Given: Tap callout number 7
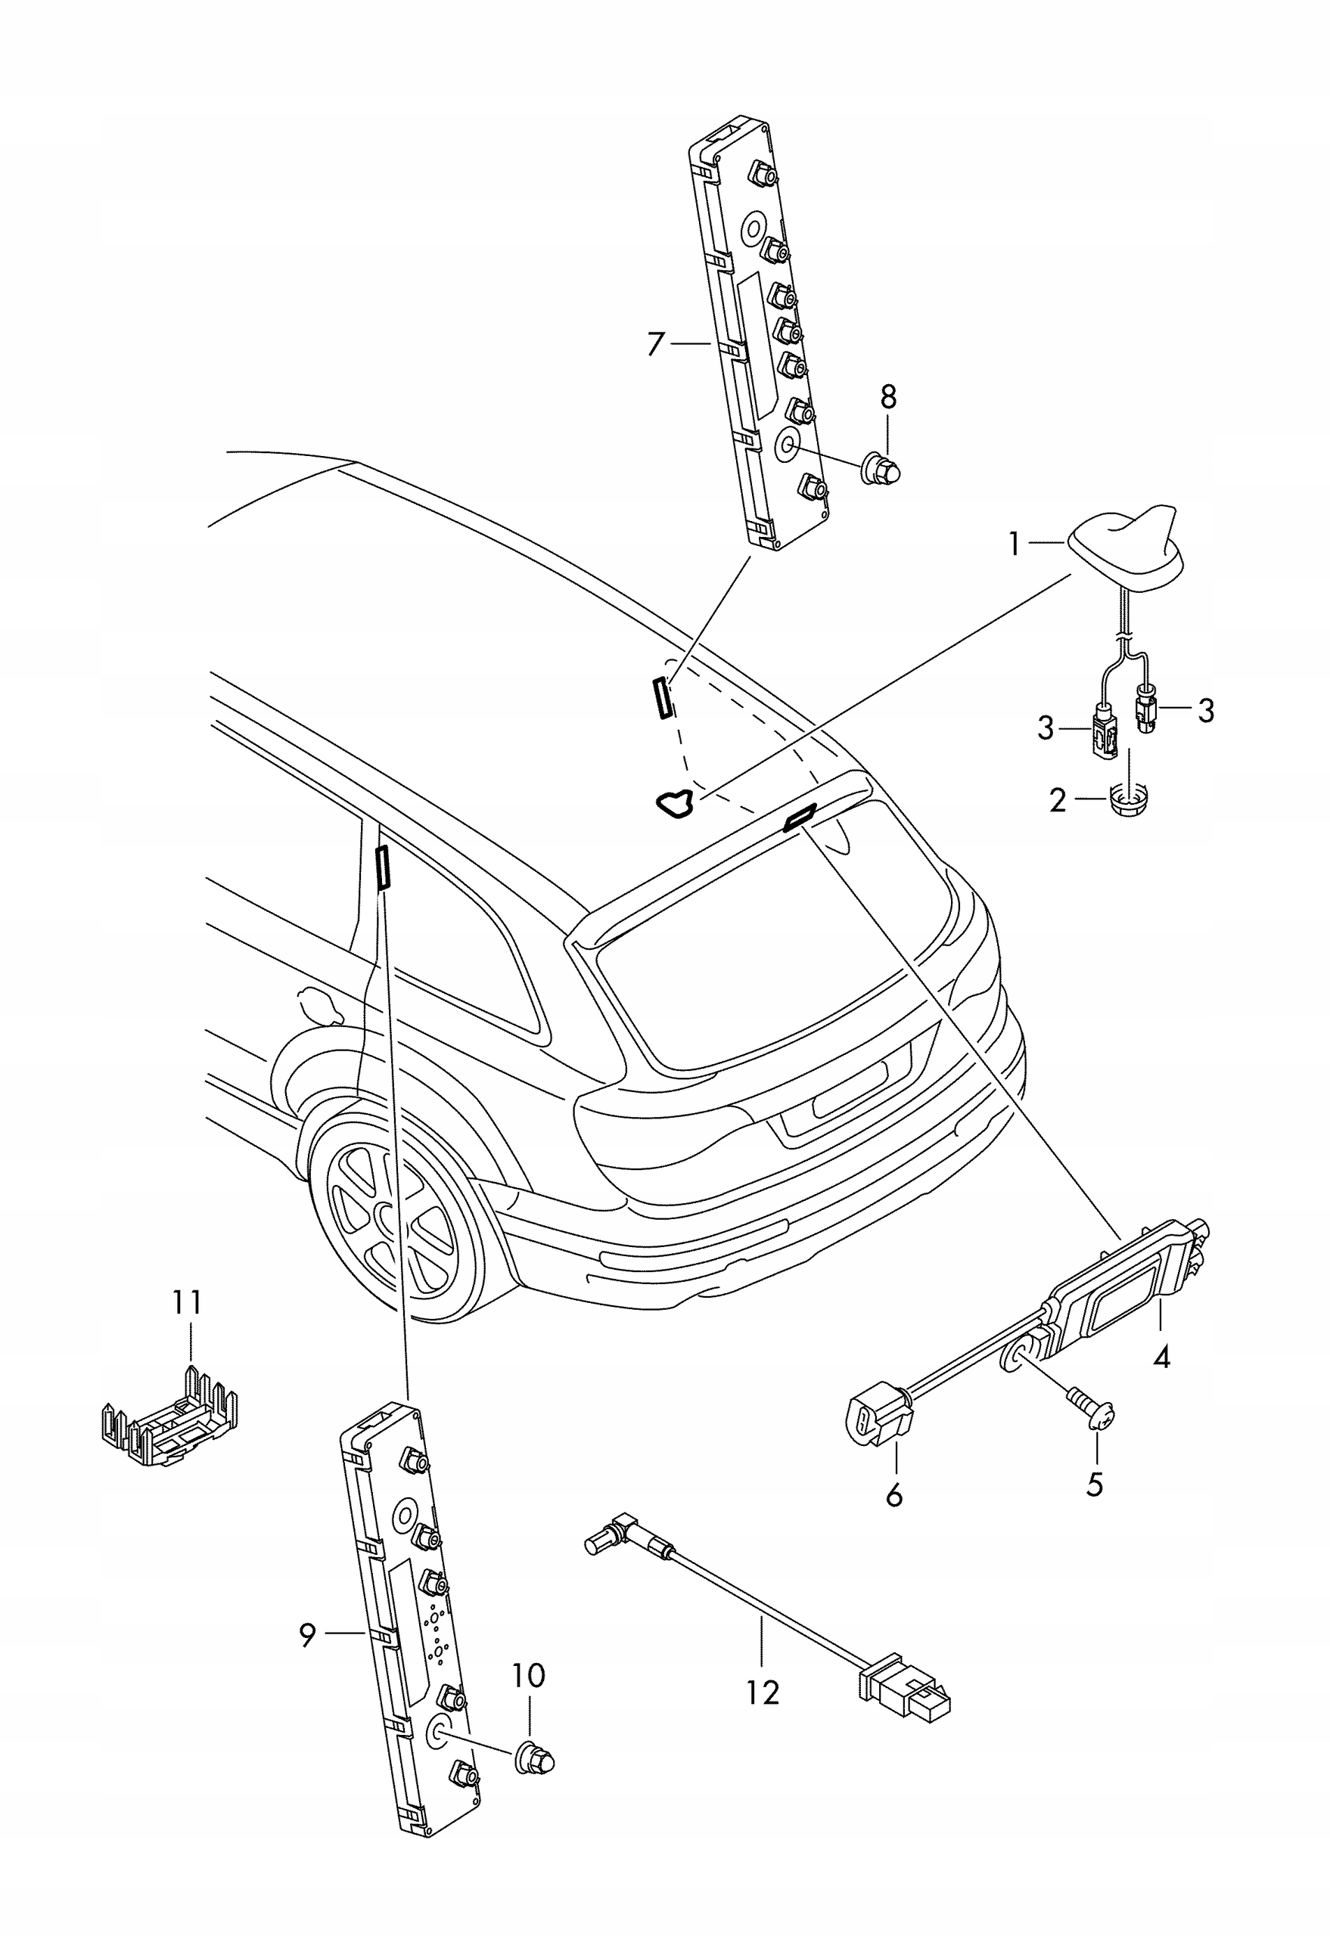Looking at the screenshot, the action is [657, 343].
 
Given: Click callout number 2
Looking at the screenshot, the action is [1058, 801].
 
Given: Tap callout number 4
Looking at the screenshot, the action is [1161, 1359].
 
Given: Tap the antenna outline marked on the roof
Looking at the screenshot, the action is [676, 803].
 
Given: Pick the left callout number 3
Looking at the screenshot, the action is [1046, 729].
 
